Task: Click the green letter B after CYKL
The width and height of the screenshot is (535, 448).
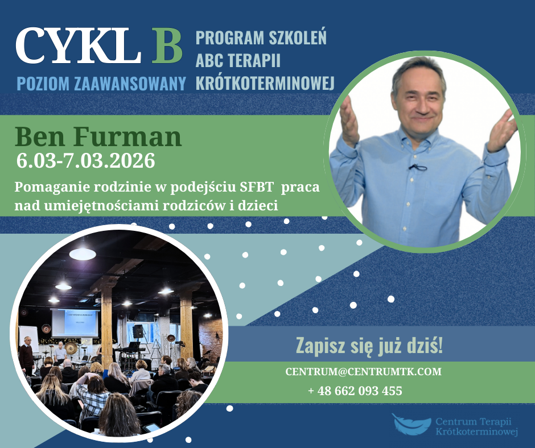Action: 167,45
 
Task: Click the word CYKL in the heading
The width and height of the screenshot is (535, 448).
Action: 78,45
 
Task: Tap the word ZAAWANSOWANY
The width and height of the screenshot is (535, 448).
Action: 130,84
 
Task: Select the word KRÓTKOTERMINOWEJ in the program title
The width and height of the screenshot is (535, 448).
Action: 265,82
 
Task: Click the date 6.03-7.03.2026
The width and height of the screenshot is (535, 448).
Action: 85,160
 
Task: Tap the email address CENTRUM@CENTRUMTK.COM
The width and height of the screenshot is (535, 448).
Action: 363,371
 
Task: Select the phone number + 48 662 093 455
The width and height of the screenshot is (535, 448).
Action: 355,391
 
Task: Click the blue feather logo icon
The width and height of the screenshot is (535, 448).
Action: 411,424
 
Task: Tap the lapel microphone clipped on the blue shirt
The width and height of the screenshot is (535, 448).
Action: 417,167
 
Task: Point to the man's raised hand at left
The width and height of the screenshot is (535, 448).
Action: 349,121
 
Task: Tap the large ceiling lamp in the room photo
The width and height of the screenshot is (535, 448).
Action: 83,253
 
